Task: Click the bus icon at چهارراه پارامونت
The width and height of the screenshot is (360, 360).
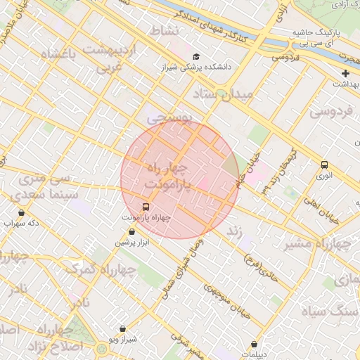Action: click(x=146, y=207)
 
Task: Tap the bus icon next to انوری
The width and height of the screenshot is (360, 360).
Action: click(x=324, y=165)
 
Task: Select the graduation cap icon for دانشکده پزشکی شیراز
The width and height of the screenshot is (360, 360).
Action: click(x=195, y=57)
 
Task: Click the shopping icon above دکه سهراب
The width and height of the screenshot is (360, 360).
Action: click(x=21, y=212)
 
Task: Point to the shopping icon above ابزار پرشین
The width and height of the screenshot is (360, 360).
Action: click(x=131, y=231)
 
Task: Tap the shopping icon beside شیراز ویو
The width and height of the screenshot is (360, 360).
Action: click(x=124, y=328)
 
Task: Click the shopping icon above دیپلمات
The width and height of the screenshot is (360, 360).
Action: click(x=254, y=344)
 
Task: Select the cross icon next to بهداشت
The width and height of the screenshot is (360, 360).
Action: click(x=345, y=73)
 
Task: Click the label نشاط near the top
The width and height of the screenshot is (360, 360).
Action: click(x=166, y=32)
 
